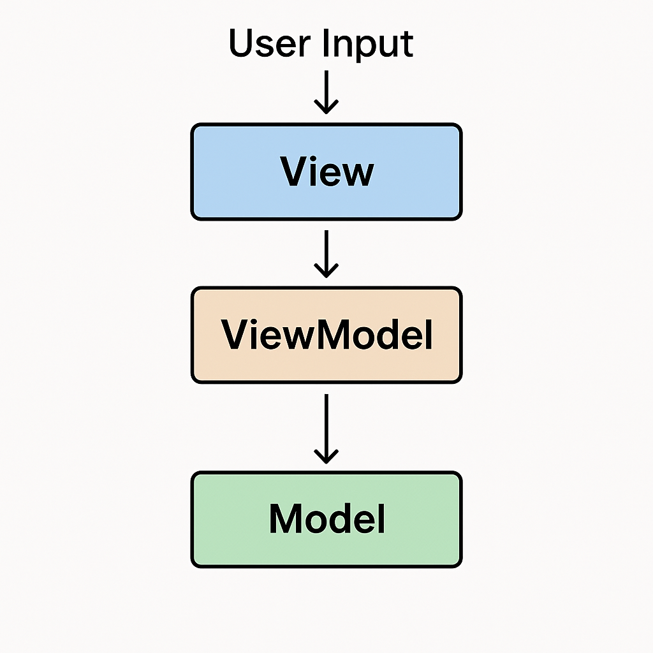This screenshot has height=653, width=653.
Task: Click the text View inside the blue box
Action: tap(326, 172)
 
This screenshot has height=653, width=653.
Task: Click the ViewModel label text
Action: tap(326, 335)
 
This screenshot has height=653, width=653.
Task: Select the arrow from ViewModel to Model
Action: tap(326, 427)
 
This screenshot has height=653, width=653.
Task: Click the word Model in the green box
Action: tap(326, 520)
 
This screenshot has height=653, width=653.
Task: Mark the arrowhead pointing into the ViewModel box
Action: tap(326, 271)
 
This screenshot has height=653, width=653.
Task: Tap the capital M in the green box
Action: tap(285, 519)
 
